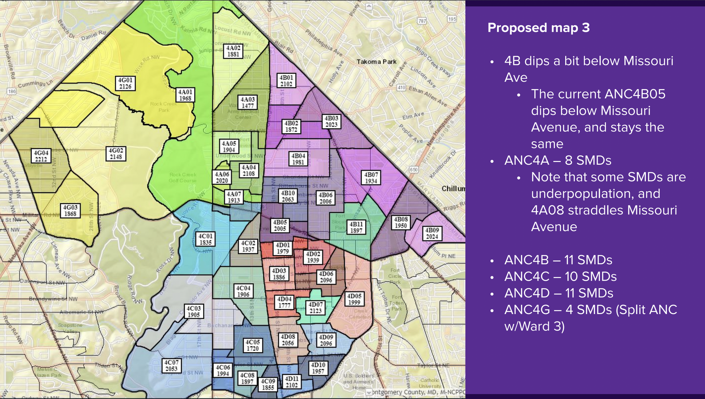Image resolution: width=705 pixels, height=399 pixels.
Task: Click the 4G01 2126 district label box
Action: click(x=125, y=83)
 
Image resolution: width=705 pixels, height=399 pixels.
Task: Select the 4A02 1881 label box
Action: click(x=233, y=51)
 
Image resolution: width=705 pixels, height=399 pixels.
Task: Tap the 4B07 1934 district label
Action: click(x=371, y=177)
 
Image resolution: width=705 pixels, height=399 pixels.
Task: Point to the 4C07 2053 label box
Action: click(x=171, y=366)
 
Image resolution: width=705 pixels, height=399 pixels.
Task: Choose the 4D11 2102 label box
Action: click(x=292, y=382)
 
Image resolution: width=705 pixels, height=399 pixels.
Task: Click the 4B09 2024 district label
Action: click(x=432, y=233)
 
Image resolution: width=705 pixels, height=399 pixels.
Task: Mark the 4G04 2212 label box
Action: click(x=41, y=156)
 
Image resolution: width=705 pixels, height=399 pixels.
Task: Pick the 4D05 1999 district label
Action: click(x=354, y=299)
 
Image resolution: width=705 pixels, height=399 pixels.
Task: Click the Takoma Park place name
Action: click(x=376, y=62)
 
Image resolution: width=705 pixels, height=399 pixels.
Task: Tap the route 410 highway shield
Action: click(x=401, y=88)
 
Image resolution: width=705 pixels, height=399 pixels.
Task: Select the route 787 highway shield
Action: click(x=422, y=21)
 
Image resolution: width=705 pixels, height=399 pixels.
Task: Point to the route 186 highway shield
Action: click(x=12, y=91)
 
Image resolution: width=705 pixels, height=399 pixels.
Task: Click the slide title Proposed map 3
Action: click(x=538, y=28)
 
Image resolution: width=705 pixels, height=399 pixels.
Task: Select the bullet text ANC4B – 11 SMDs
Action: click(x=558, y=260)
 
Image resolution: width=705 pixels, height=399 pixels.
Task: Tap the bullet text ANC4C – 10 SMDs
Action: click(x=560, y=277)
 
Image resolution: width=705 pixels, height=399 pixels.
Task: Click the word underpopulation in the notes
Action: click(x=596, y=194)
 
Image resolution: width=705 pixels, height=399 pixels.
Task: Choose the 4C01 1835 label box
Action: click(x=206, y=239)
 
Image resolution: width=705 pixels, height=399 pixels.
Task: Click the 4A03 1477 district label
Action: click(x=248, y=103)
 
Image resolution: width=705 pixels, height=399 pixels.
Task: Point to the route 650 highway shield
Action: click(x=413, y=170)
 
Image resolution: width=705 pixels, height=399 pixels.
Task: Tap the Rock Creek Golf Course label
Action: click(x=183, y=177)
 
